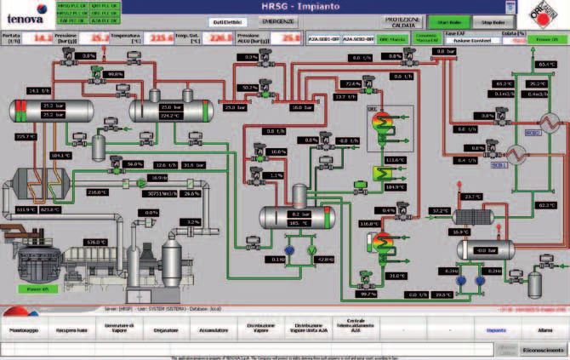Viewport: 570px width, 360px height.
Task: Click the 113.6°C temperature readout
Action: (x=394, y=159)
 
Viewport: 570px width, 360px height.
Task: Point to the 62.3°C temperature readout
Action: (x=548, y=204)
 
